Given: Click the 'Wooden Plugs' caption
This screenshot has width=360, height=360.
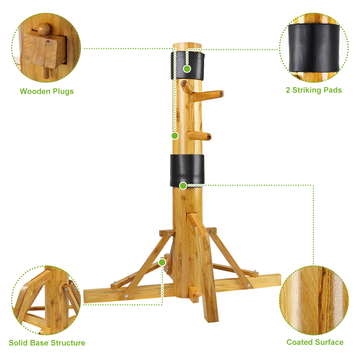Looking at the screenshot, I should (46, 91).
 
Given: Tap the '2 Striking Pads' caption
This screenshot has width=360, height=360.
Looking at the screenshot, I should (313, 90).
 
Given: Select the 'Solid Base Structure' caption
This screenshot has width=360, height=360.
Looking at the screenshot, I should (47, 343).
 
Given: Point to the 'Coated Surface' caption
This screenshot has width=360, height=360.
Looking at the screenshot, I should (315, 342).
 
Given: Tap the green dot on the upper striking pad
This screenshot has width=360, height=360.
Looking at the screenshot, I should (187, 69).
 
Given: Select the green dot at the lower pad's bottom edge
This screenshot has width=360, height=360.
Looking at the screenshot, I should (183, 186).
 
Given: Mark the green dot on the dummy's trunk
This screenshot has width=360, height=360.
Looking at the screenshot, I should (175, 136).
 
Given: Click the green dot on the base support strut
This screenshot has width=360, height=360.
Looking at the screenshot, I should (162, 262).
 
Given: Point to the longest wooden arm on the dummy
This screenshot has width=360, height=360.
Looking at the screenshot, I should (208, 95).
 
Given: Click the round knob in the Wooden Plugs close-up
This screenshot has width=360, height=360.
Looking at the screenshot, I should (44, 29).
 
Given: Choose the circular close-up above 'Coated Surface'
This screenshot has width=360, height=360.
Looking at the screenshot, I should (314, 300).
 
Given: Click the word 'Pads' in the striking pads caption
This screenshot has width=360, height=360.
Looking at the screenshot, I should (332, 90).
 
